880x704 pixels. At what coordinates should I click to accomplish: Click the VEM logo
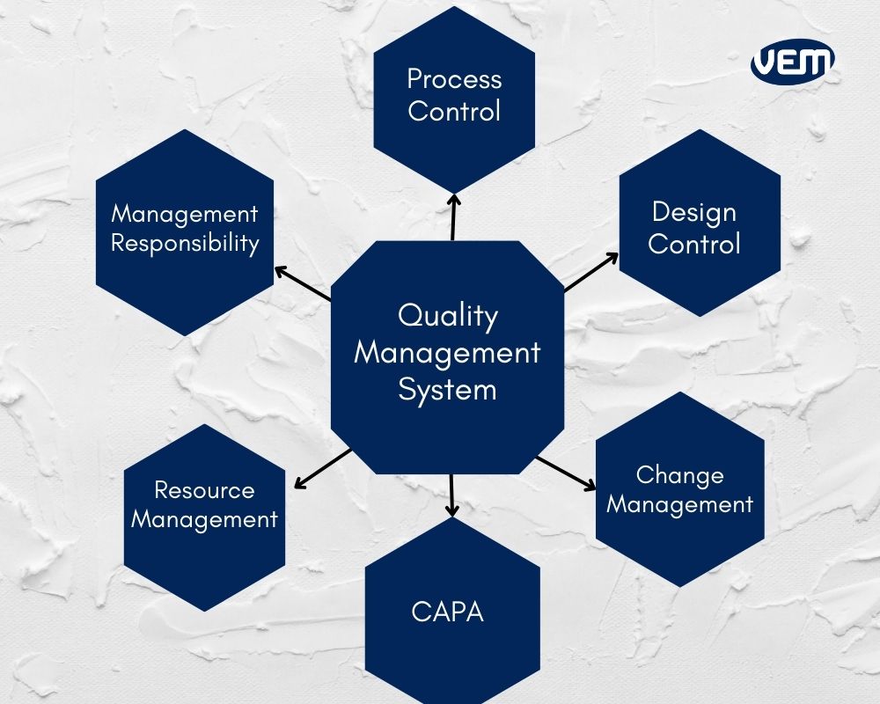coord(793,62)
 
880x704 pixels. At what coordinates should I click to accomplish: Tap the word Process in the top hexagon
coord(454,78)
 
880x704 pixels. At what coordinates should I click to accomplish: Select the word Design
coord(693,212)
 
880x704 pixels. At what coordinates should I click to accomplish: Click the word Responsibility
coord(185,243)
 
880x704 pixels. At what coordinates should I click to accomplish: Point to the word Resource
coord(204,490)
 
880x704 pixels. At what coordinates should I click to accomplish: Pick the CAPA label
coord(447,612)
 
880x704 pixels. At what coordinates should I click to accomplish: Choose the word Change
coord(679,475)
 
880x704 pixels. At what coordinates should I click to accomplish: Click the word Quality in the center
coord(447,316)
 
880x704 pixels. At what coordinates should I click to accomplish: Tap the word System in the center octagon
coord(447,390)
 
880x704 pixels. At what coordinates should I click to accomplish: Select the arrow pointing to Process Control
coord(453,217)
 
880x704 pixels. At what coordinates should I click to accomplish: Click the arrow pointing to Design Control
coord(591,272)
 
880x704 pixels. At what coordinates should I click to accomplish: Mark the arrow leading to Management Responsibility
coord(303,283)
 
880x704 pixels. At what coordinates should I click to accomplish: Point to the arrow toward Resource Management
coord(323,468)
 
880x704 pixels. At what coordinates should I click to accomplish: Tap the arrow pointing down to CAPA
coord(451,495)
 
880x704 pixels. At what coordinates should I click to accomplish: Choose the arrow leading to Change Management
coord(566,473)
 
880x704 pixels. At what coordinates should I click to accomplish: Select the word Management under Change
coord(679,504)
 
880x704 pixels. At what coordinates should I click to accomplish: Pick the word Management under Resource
coord(204,519)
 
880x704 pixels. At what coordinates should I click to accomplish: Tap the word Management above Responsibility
coord(185,215)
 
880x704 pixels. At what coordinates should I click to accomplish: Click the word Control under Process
coord(454,111)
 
